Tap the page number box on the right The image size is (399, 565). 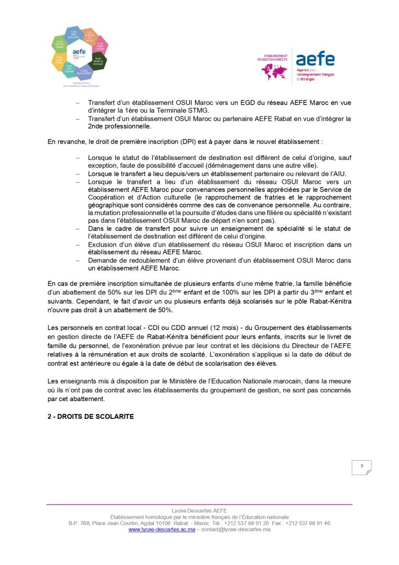[x=362, y=467]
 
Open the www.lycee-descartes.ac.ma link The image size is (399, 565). [x=161, y=530]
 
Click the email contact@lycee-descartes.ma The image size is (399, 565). [x=235, y=530]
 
